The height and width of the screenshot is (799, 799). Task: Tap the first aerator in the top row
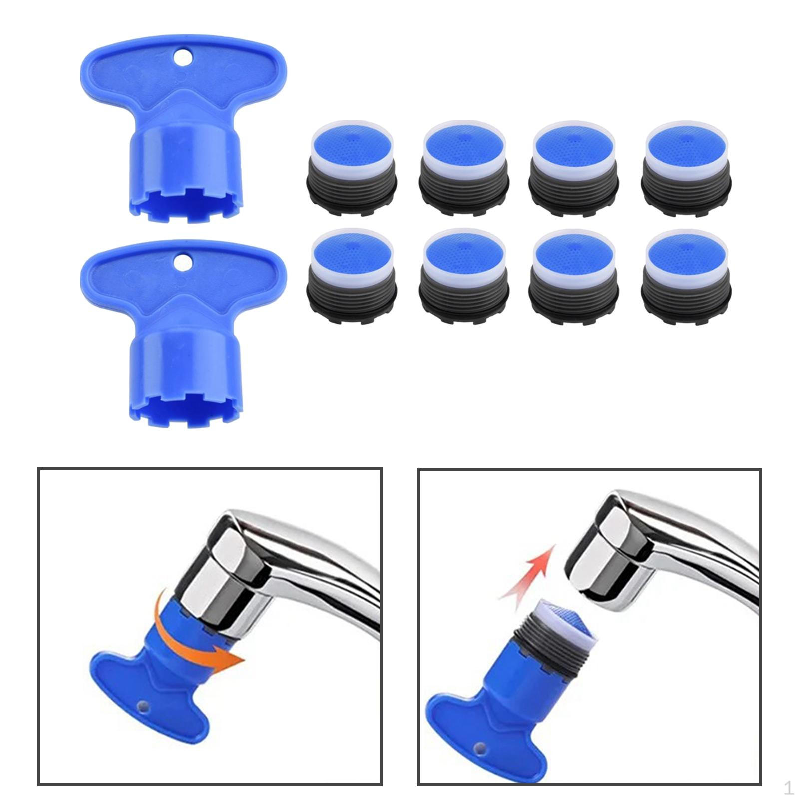[x=352, y=164]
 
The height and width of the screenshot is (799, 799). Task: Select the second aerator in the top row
[x=464, y=164]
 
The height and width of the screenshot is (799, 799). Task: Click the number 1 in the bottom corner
[x=788, y=788]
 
